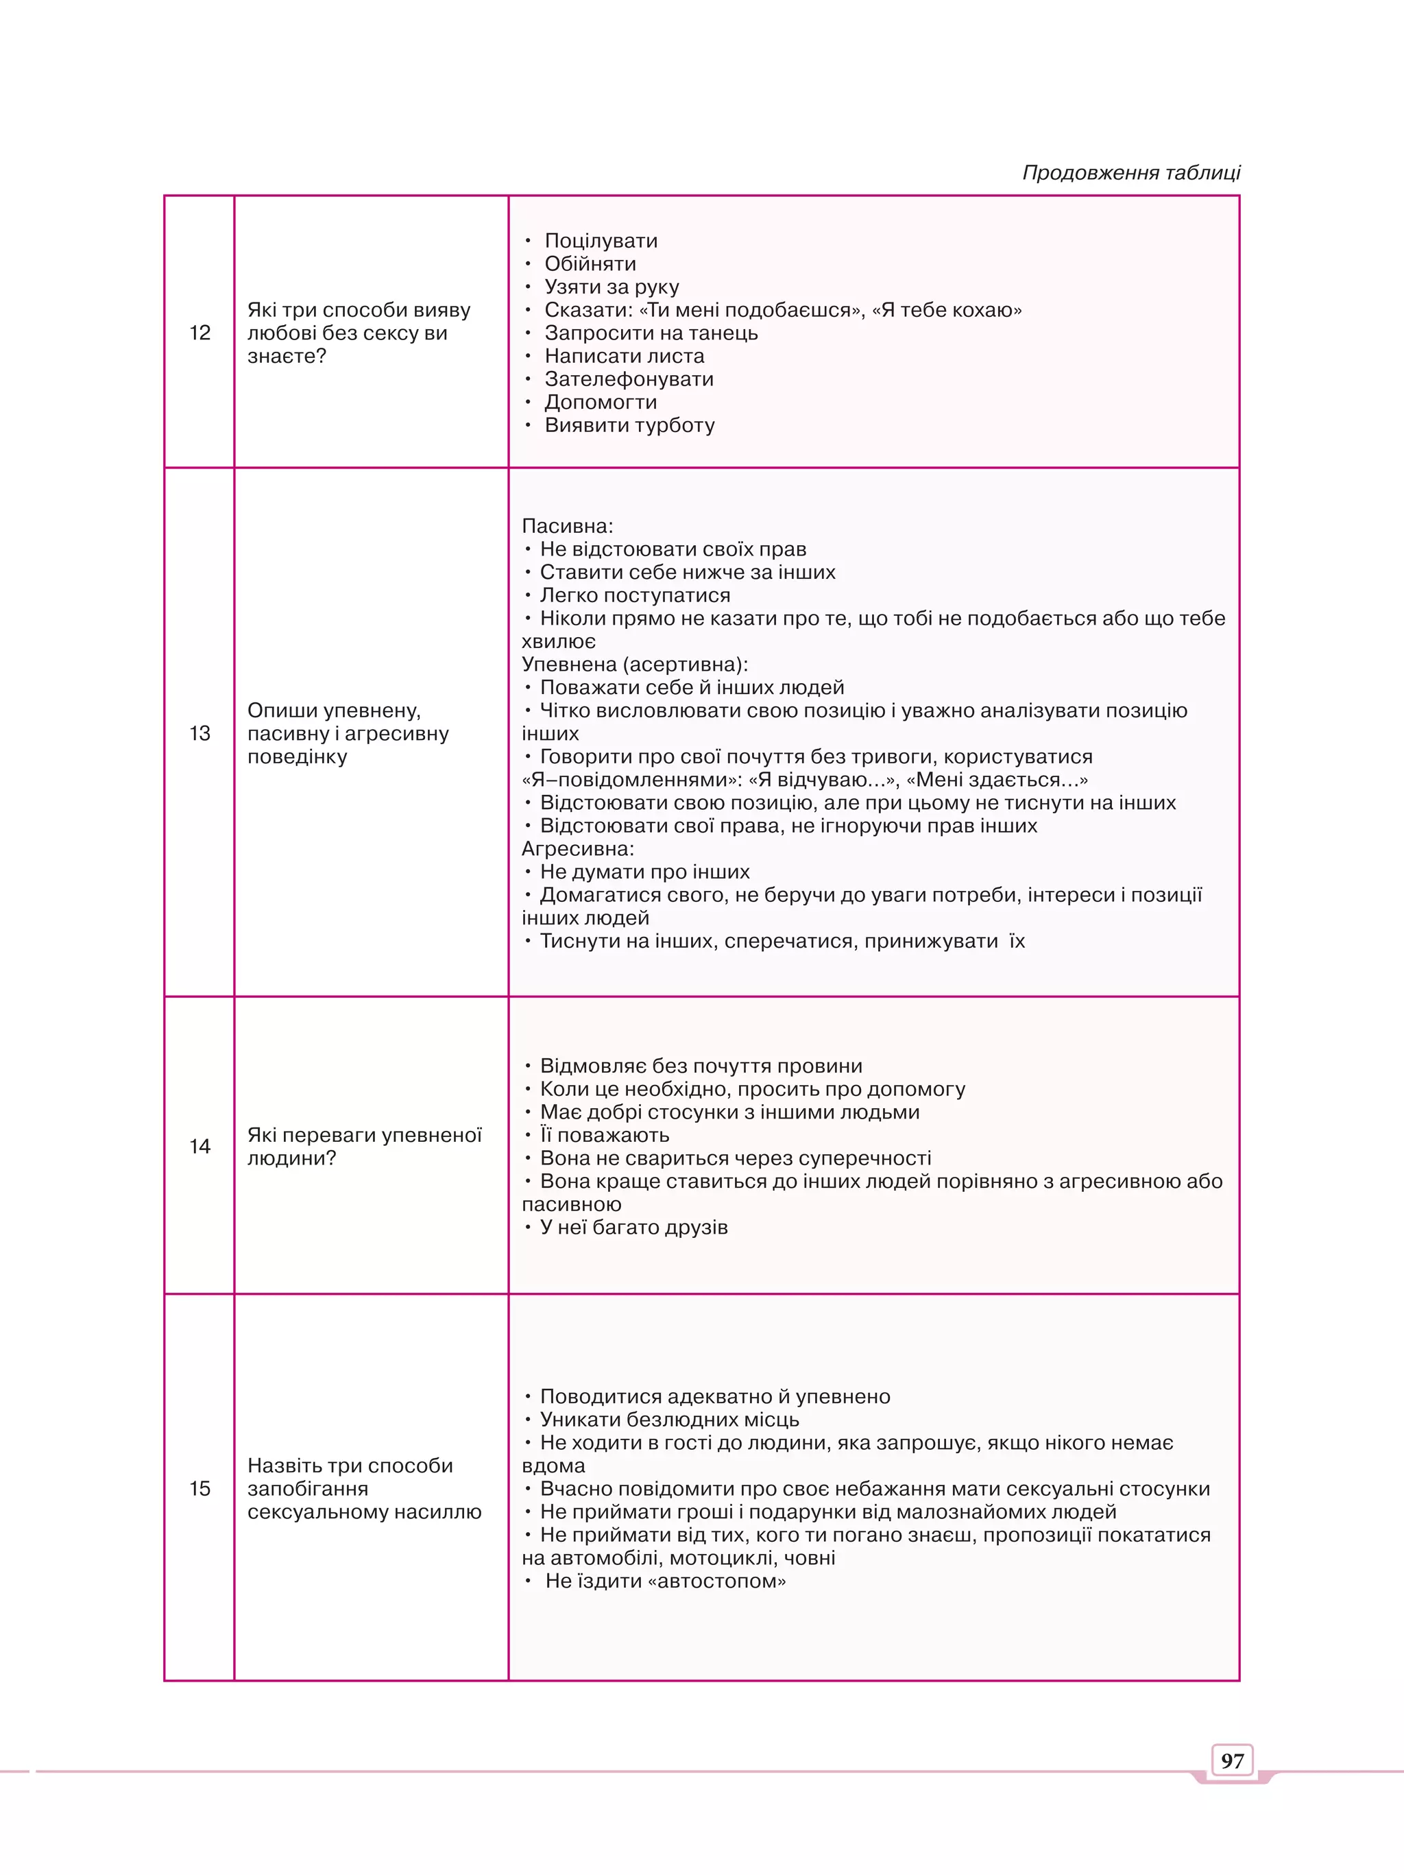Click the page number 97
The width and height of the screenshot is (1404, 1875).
click(x=1232, y=1760)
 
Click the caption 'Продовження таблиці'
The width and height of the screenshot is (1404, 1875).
click(x=1131, y=173)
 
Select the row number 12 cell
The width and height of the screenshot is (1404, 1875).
click(x=200, y=333)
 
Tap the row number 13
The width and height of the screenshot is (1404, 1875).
click(x=200, y=733)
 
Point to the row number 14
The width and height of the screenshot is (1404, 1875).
click(x=200, y=1146)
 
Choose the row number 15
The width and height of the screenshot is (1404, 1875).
click(x=200, y=1488)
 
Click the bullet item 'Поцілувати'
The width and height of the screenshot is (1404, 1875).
click(x=601, y=241)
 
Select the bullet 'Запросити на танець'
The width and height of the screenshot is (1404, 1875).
click(x=651, y=333)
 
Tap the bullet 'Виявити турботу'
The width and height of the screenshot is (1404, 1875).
click(x=629, y=425)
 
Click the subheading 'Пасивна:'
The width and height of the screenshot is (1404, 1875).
click(x=567, y=525)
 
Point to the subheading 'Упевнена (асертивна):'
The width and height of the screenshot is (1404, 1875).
click(x=635, y=664)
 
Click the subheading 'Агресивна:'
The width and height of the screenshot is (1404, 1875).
click(x=578, y=848)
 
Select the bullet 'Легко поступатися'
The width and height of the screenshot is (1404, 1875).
click(x=635, y=595)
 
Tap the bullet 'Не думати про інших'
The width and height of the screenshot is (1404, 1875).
click(x=645, y=872)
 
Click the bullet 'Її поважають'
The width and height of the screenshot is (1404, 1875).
click(x=604, y=1135)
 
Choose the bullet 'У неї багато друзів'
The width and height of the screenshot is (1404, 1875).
click(x=634, y=1228)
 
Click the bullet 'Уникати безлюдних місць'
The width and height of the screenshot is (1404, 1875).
click(x=669, y=1419)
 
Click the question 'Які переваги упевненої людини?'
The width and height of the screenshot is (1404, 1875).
click(x=364, y=1146)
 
